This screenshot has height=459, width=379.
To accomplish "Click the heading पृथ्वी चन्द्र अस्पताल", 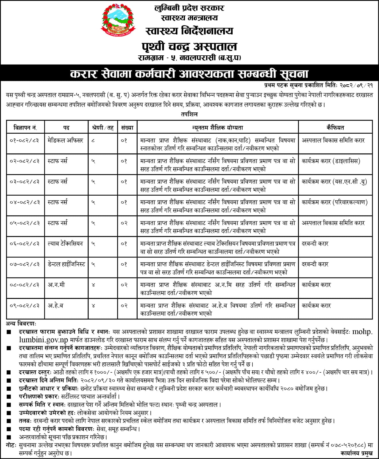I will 189,46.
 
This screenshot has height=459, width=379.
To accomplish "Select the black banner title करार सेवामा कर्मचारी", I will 189,74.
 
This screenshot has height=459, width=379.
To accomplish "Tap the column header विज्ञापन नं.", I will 25,128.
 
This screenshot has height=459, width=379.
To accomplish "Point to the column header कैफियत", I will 335,128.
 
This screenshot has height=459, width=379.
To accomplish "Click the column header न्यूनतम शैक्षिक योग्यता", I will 218,128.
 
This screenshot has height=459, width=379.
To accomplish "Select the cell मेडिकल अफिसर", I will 65,140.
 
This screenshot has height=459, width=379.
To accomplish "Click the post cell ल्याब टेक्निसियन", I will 65,244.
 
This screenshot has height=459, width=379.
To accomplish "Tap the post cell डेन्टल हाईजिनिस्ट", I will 66,264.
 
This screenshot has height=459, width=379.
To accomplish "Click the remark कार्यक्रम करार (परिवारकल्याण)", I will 334,202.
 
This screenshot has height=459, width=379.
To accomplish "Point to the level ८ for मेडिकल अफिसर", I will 93,140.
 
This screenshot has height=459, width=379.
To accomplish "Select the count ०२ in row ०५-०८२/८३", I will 124,223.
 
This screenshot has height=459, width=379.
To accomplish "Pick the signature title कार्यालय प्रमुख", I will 356,454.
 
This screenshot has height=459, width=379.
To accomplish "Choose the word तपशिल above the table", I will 189,114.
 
